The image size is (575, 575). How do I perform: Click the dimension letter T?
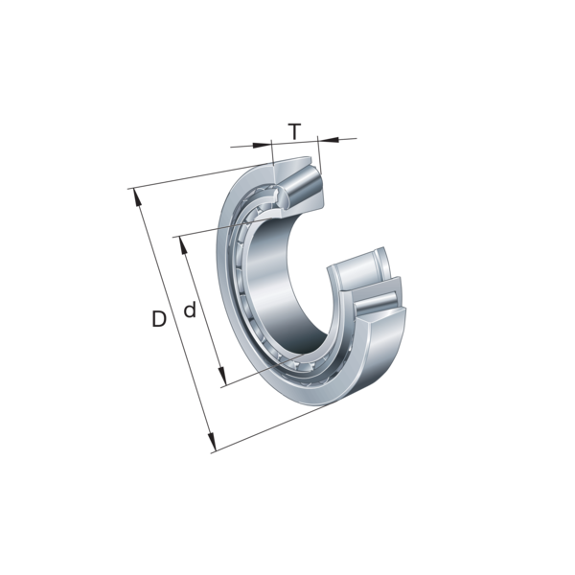294,131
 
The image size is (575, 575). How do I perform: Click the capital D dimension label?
159,319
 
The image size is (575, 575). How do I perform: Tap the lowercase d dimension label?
190,310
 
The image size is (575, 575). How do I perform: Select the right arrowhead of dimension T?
328,139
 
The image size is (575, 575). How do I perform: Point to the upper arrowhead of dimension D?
137,197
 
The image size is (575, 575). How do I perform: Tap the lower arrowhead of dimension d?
222,377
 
